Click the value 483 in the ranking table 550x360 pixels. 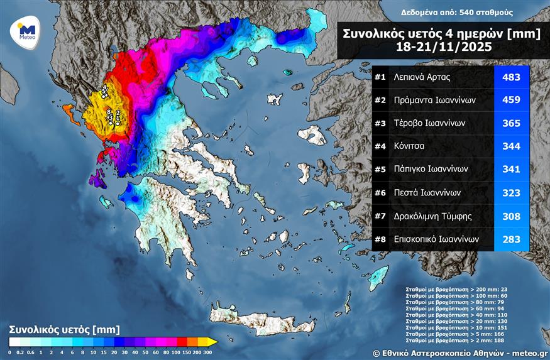(x=511, y=77)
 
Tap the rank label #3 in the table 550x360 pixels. (x=380, y=123)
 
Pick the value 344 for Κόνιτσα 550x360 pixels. (x=511, y=146)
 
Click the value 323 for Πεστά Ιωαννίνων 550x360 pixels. (x=511, y=193)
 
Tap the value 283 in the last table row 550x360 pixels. (x=511, y=239)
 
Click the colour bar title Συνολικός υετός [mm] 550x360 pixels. (x=64, y=329)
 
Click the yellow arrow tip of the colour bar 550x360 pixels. (x=213, y=342)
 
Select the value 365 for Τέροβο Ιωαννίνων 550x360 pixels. (x=511, y=123)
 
